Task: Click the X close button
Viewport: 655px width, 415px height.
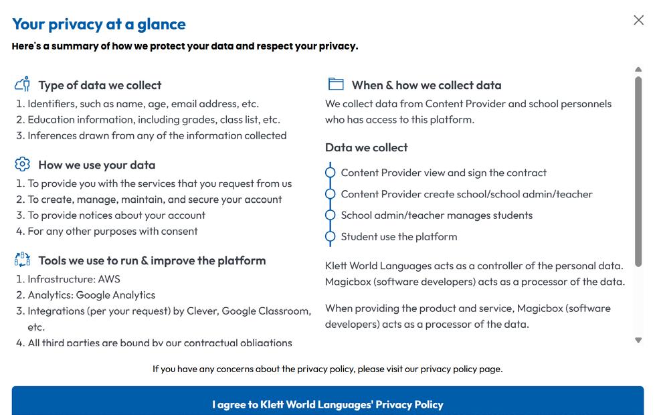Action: [638, 20]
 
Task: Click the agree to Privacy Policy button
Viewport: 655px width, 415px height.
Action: [328, 404]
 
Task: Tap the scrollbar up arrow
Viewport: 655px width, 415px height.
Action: [638, 70]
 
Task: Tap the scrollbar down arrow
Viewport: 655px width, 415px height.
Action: [638, 340]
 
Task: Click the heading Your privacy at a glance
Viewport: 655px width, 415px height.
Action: [99, 24]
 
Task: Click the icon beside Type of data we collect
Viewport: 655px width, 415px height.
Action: [22, 84]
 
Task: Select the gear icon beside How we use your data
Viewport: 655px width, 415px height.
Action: [22, 164]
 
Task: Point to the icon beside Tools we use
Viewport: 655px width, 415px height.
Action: [22, 260]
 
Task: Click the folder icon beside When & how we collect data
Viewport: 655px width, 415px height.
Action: [336, 84]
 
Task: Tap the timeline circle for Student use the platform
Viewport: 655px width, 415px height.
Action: [330, 236]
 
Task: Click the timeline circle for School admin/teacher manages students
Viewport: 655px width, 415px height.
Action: [330, 215]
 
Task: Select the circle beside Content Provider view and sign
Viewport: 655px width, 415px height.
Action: [330, 173]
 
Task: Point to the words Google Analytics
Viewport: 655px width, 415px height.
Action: [116, 295]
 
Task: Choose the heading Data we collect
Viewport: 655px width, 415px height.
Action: [366, 147]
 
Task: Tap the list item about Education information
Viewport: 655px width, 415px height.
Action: [154, 120]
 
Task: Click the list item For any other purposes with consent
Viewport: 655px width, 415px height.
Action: [112, 231]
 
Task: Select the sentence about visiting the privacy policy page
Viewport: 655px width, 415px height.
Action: [327, 369]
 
